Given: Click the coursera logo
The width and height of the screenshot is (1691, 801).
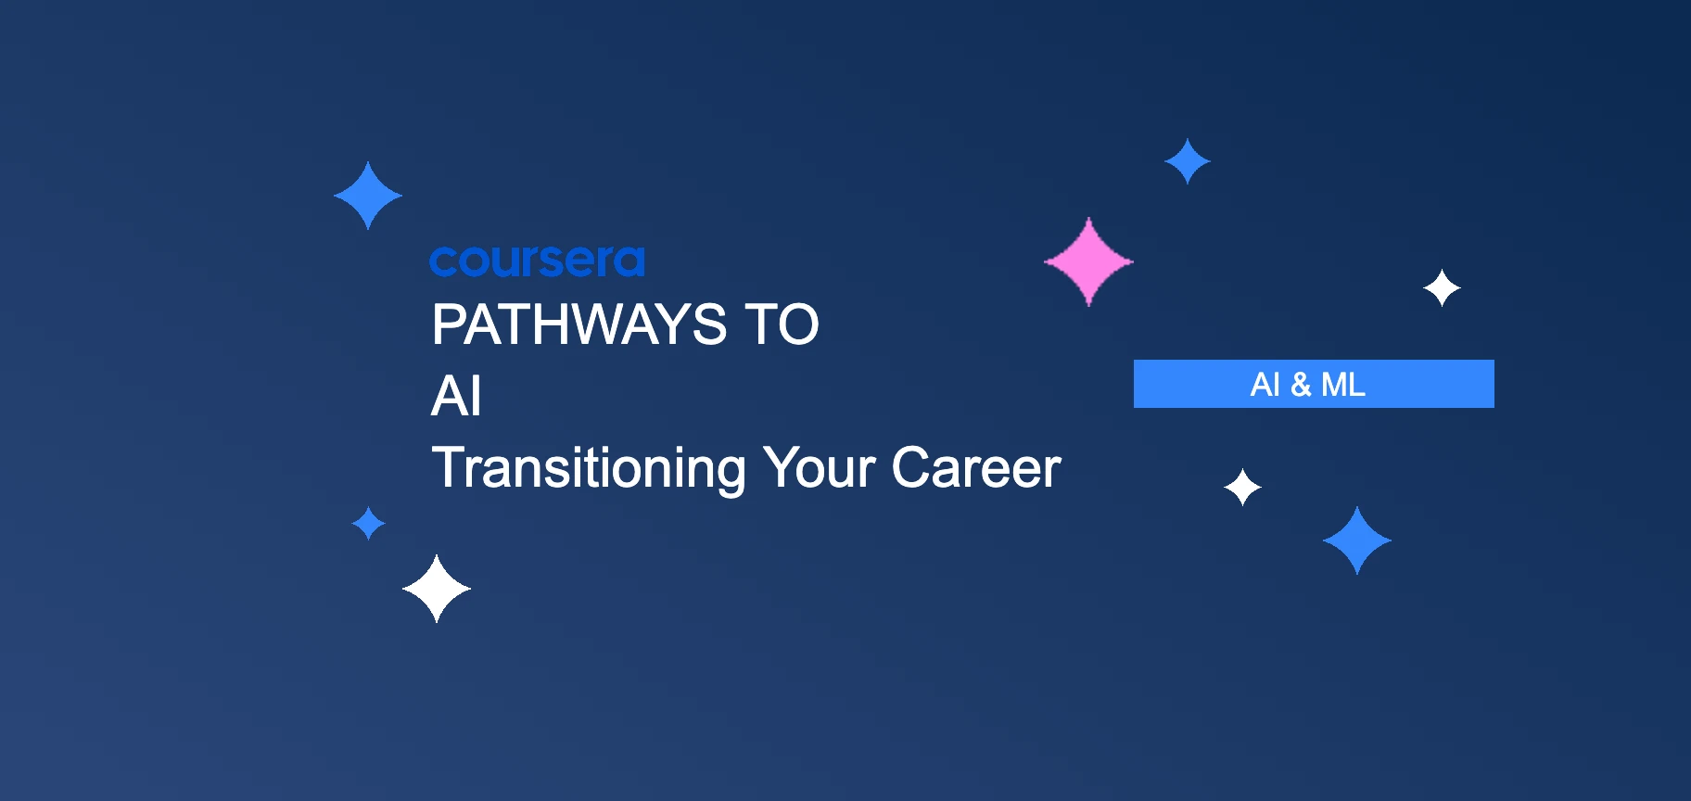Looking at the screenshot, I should point(537,261).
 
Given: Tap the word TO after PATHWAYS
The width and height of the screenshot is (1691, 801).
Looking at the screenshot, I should point(782,325).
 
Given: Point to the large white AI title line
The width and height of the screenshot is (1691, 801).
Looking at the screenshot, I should point(456,397).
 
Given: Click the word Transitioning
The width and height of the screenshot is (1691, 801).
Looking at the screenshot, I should point(589,468).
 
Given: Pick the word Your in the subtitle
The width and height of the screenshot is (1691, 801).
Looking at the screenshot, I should point(819,468).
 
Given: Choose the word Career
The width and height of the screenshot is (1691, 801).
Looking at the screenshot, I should point(975,468).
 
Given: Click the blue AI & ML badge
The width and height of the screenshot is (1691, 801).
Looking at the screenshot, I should point(1314,384).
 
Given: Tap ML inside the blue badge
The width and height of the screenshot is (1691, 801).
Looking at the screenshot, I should point(1343,384).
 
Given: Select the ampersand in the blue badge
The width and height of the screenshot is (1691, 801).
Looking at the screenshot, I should point(1301,385).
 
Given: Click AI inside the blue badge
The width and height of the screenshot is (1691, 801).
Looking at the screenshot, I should point(1265,384).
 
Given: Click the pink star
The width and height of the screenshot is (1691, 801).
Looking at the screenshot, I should point(1088,261).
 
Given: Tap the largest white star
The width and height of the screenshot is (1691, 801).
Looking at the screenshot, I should point(437,589).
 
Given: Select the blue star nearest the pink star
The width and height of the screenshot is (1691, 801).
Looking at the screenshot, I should point(1188,161).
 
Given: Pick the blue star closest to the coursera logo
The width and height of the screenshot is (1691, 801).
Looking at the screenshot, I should point(368,196).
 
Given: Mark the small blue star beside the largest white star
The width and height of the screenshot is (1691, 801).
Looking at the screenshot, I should point(369,523).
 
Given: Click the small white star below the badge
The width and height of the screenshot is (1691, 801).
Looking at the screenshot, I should point(1242,487).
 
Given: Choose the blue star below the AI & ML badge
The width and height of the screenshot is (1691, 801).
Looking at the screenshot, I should point(1357,540).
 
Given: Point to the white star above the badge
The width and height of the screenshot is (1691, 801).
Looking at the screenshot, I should point(1442,288).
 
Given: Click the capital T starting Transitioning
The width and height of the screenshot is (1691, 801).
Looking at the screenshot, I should point(447,467).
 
